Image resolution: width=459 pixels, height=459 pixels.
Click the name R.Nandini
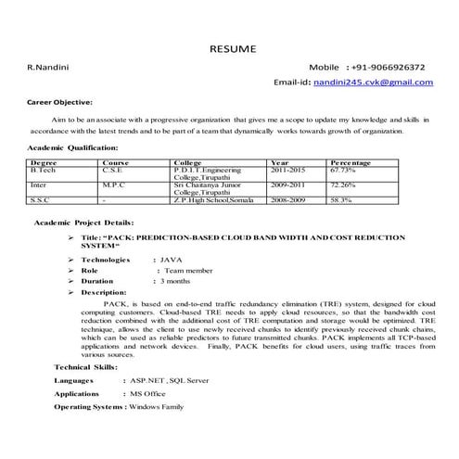[x=45, y=68]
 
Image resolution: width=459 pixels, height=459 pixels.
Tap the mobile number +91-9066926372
[x=388, y=68]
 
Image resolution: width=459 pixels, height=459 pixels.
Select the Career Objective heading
[x=59, y=101]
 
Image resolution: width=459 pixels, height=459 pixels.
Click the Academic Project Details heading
[x=83, y=223]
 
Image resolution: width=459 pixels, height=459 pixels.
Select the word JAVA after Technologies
[x=171, y=260]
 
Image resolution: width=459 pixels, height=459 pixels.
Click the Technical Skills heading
[x=85, y=367]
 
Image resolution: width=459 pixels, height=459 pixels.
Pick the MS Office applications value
[x=147, y=393]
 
